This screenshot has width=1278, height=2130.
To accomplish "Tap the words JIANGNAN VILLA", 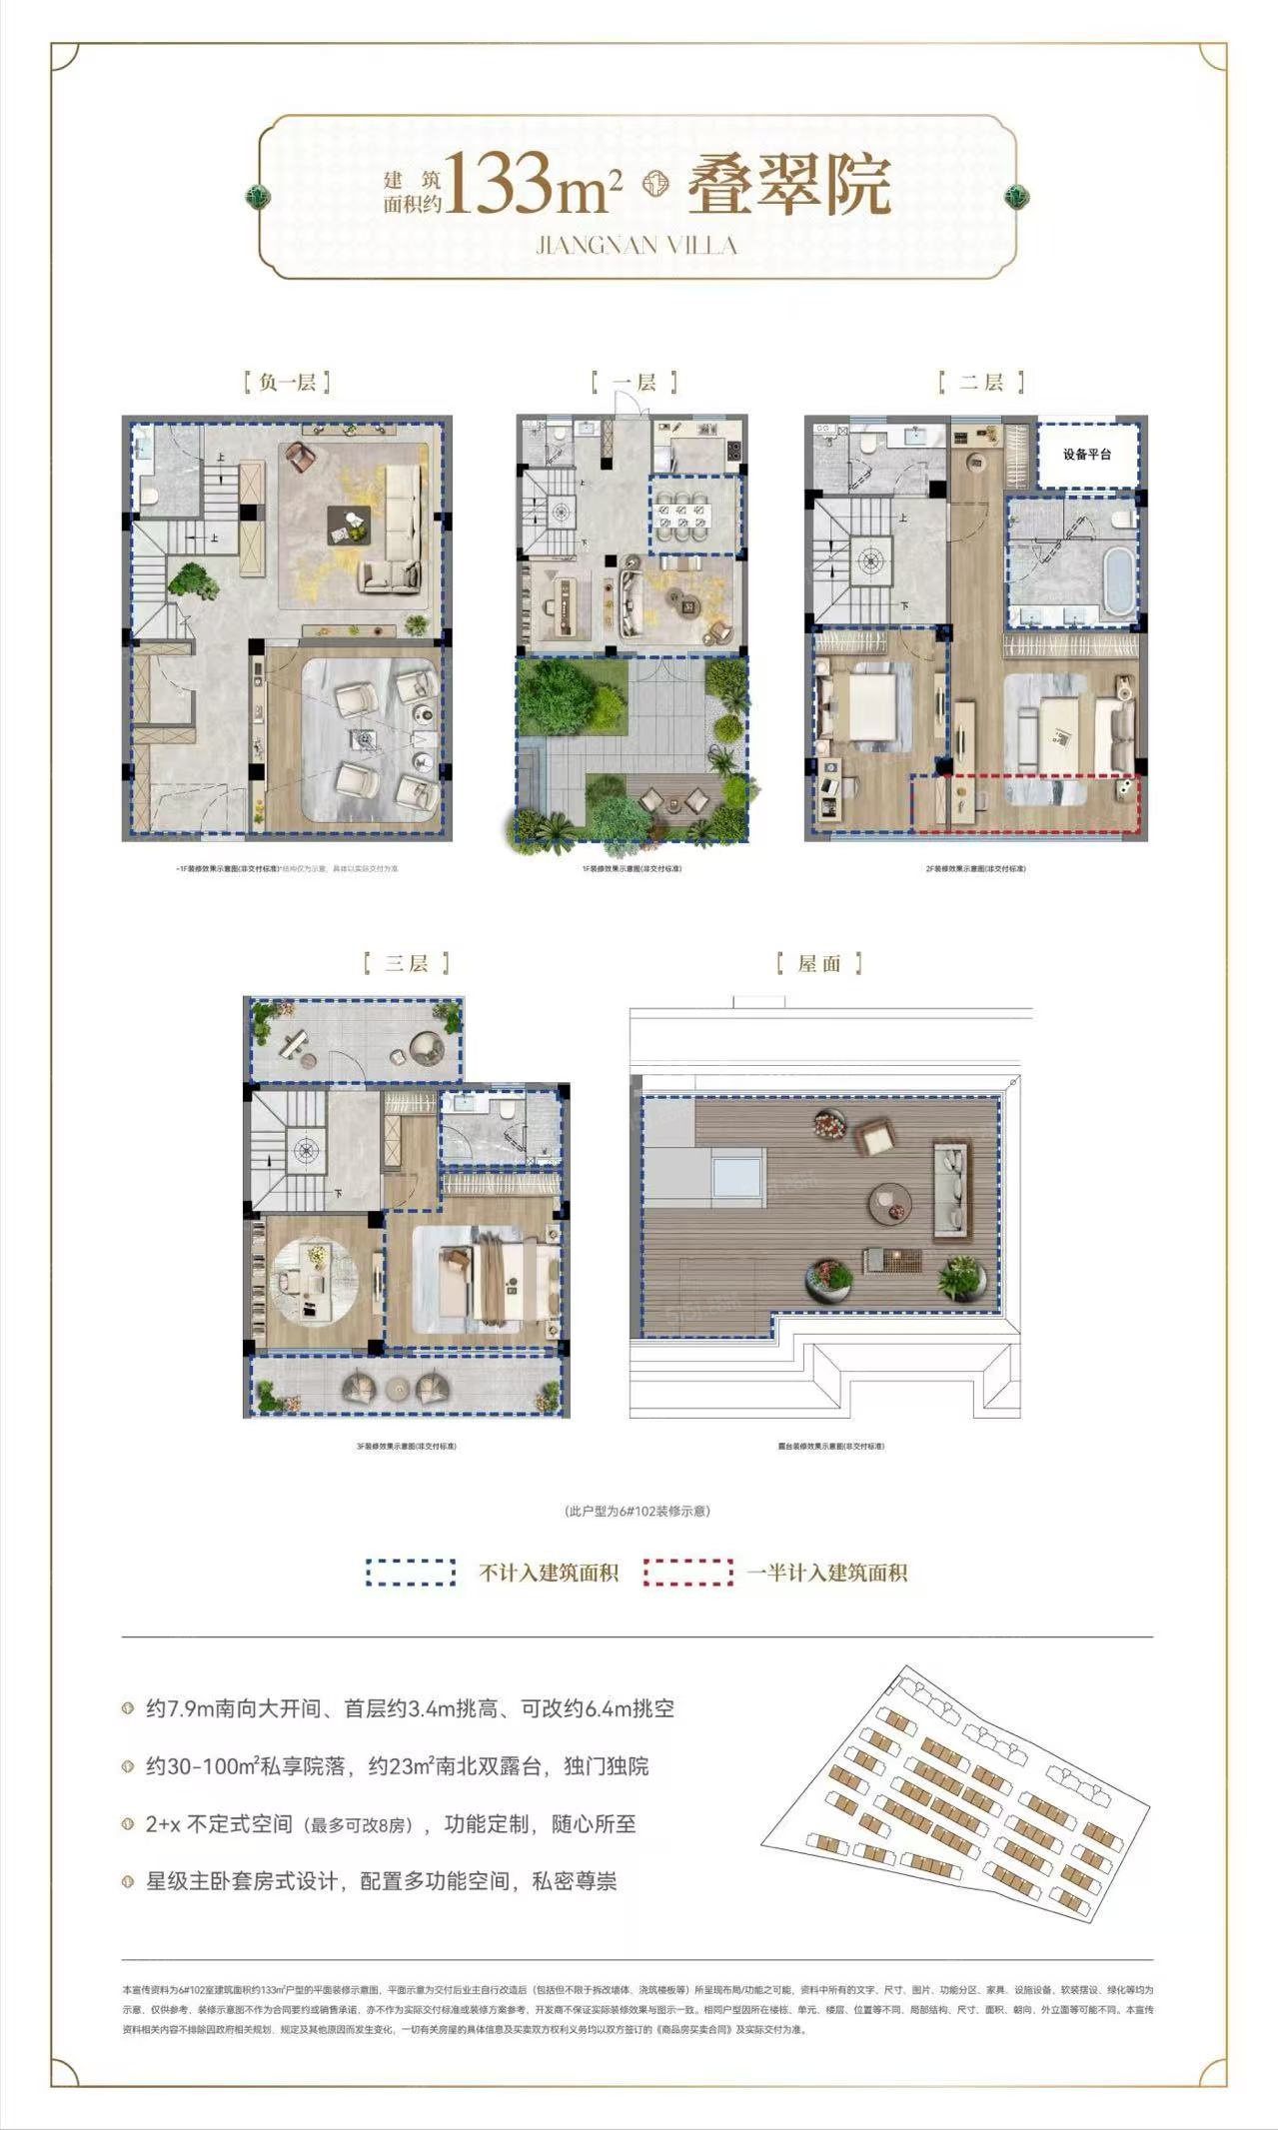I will coord(637,245).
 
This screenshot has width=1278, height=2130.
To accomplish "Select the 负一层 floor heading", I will coord(287,382).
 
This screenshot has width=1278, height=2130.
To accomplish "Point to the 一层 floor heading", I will coord(634,382).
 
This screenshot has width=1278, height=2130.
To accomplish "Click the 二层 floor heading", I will coord(981,382).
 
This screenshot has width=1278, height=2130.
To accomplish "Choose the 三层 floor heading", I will coord(406,963).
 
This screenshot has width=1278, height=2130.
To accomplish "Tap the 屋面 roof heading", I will coord(819,963).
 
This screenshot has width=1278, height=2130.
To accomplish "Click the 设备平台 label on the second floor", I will coord(1087,455).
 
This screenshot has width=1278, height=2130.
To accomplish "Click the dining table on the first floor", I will coord(695,516).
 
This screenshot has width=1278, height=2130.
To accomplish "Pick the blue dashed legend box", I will coord(411,1573).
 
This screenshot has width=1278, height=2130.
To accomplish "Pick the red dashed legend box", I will coord(687,1573).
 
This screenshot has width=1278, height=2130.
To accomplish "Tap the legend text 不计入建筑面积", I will coord(549,1573).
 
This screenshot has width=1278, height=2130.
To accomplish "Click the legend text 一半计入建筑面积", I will coord(826,1573).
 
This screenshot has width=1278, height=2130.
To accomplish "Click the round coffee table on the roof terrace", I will coord(890,1203).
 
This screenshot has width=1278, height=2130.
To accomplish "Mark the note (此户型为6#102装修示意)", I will coord(638,1511).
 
